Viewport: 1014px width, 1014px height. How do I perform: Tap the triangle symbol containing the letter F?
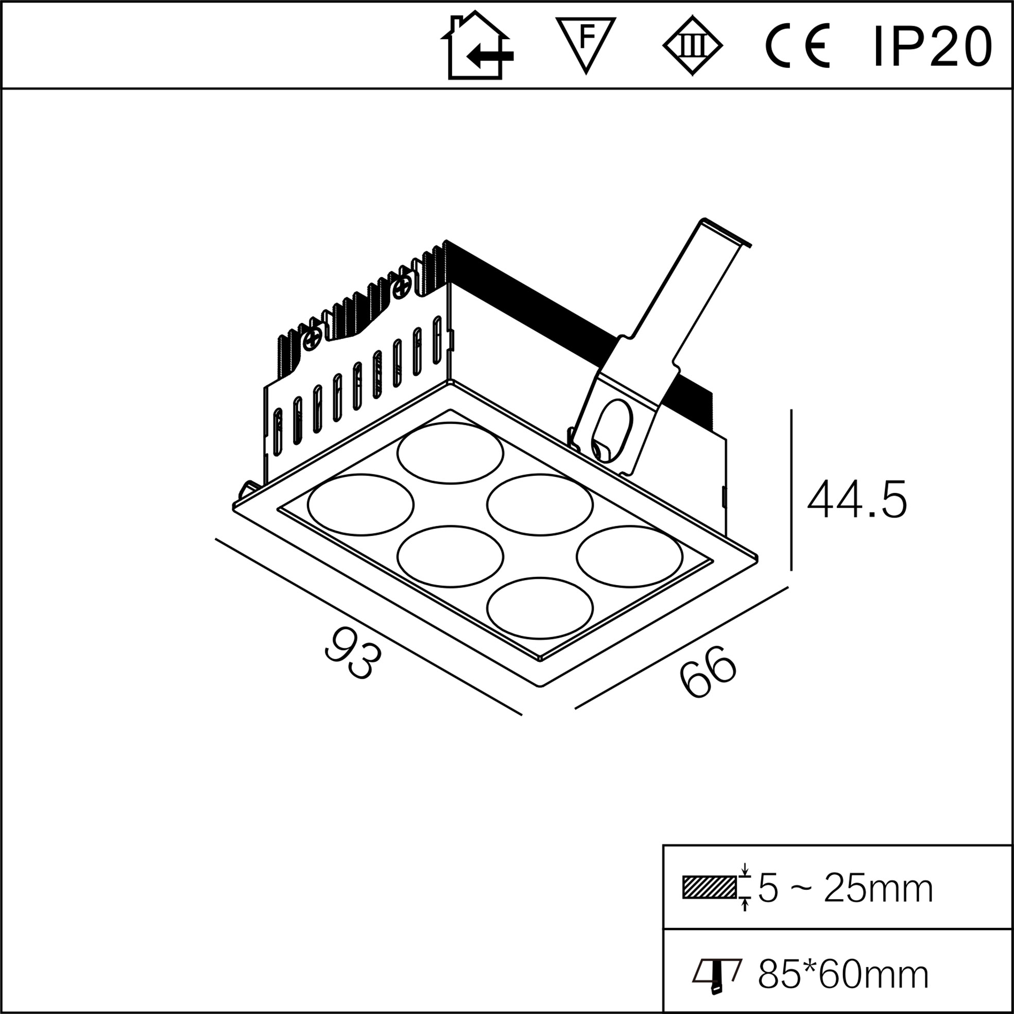coord(586,44)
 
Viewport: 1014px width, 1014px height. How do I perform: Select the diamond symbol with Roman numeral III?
coord(693,46)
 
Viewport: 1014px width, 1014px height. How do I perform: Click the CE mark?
coord(797,46)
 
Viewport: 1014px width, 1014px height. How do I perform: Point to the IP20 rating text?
coord(933,46)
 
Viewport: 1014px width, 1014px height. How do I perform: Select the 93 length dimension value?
coord(352,652)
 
